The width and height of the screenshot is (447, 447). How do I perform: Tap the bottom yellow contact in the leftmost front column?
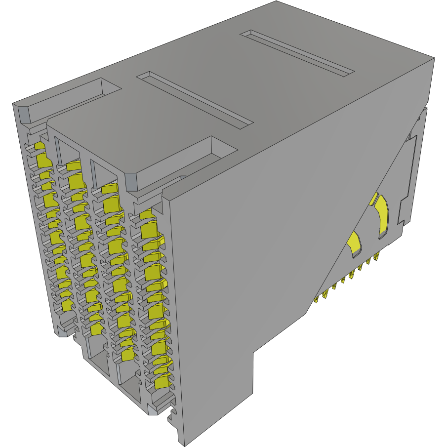pyautogui.click(x=66, y=305)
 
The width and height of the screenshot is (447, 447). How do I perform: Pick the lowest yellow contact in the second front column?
pyautogui.click(x=96, y=328)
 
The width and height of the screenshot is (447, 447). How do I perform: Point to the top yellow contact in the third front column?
pyautogui.click(x=110, y=188)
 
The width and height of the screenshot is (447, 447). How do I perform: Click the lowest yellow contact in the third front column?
pyautogui.click(x=128, y=354)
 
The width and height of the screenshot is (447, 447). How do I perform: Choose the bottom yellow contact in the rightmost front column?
pyautogui.click(x=162, y=383)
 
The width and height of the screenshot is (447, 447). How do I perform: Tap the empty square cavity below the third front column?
pyautogui.click(x=131, y=390)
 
